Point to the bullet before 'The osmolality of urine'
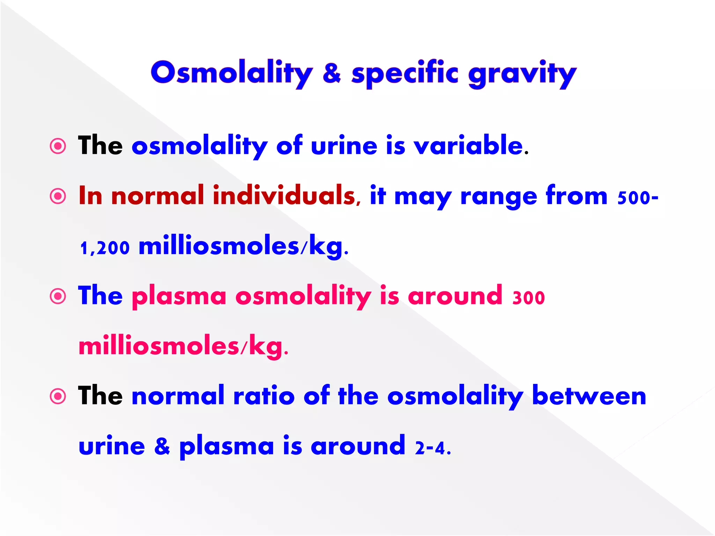click(58, 146)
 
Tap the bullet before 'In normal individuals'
click(58, 196)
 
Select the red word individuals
click(284, 195)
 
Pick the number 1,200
click(105, 248)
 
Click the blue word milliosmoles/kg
click(241, 246)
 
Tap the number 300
click(528, 298)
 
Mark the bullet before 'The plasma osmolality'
click(58, 297)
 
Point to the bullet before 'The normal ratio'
click(58, 396)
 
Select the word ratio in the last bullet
click(264, 396)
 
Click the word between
click(589, 396)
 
